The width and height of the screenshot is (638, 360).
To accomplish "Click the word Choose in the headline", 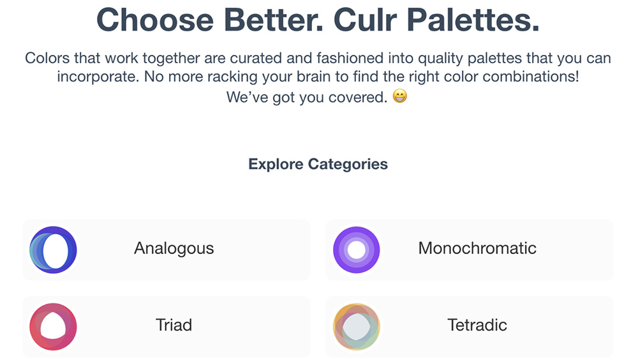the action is point(155,20).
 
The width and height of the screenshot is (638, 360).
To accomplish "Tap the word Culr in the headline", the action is point(365,20).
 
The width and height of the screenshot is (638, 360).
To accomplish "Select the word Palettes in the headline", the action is point(473,20).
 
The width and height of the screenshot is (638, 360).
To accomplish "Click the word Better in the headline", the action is point(274,20).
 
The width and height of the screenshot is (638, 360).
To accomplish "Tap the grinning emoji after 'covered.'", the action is point(400,96).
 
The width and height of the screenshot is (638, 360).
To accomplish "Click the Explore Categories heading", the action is point(318,164).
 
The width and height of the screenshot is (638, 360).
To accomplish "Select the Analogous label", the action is point(174,248).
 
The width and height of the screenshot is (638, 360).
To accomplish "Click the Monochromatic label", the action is point(477,248).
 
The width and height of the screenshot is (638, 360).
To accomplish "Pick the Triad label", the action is point(174,325).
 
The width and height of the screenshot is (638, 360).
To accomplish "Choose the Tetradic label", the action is point(477,325).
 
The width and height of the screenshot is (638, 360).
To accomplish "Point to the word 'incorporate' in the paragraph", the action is point(96,77).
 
